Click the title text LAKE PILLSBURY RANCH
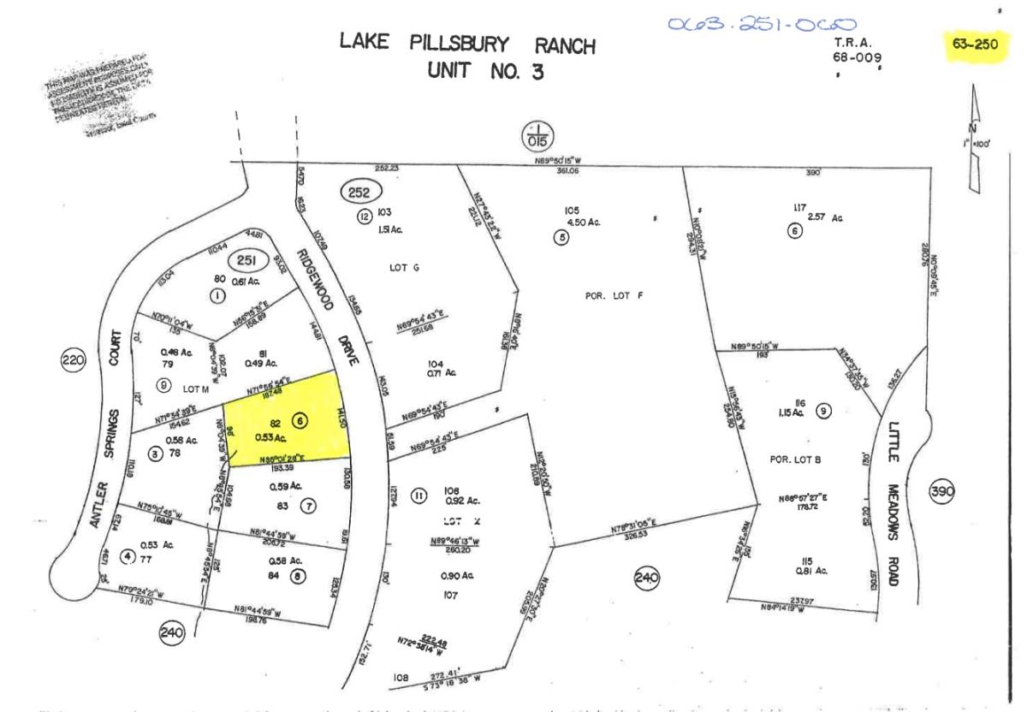point(467,45)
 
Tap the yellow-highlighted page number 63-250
point(974,44)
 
